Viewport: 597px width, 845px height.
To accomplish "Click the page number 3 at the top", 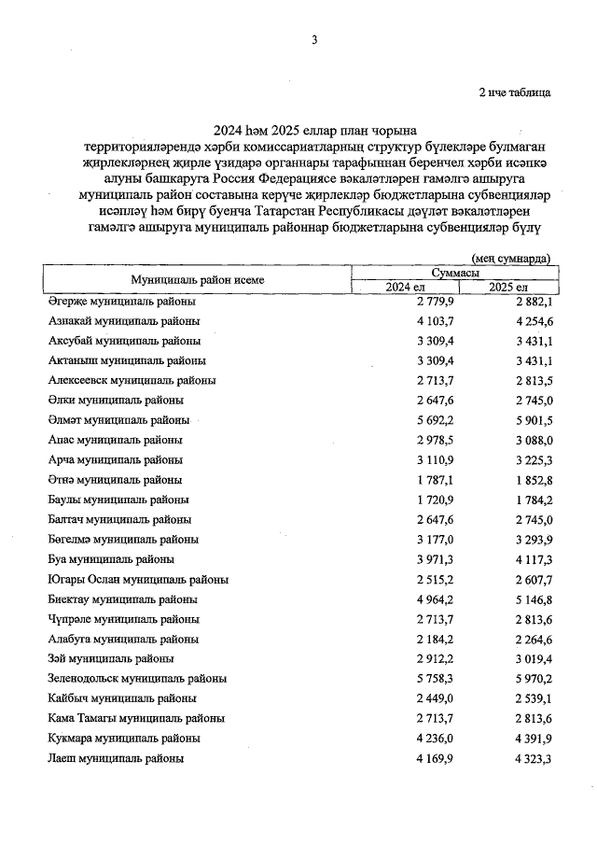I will point(314,39).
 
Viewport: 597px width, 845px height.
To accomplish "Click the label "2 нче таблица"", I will point(514,92).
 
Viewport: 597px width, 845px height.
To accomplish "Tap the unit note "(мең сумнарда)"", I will point(511,258).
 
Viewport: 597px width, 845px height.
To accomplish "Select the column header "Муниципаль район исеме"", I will point(197,279).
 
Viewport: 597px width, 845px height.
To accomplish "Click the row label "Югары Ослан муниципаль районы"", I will point(137,579).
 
